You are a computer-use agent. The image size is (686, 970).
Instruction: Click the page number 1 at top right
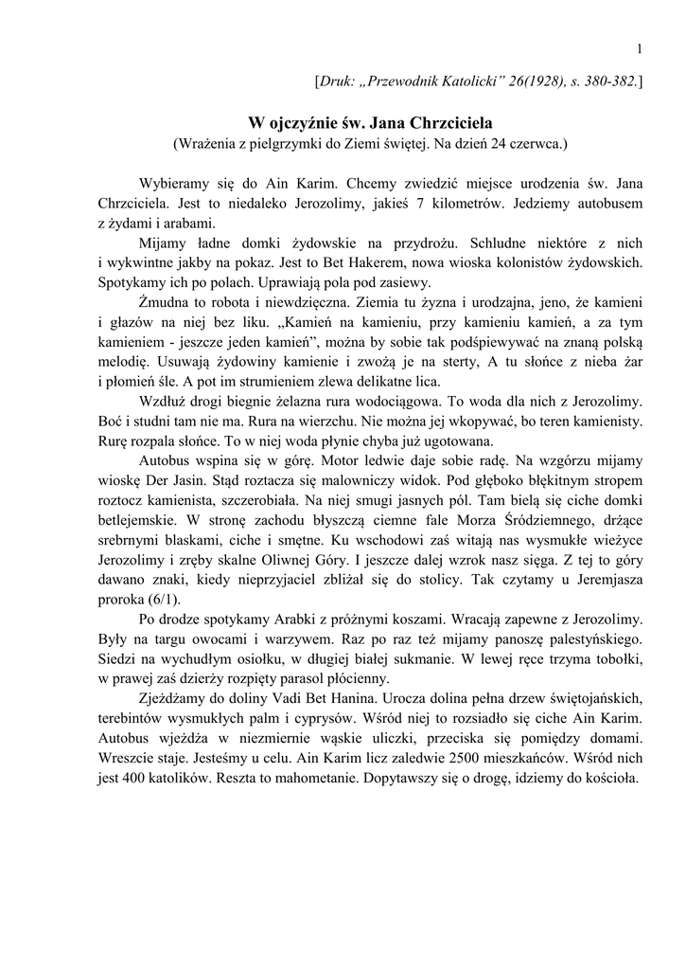(x=640, y=49)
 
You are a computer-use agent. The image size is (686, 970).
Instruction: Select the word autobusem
(x=608, y=204)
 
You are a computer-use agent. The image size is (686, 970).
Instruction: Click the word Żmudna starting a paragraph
(x=168, y=302)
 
